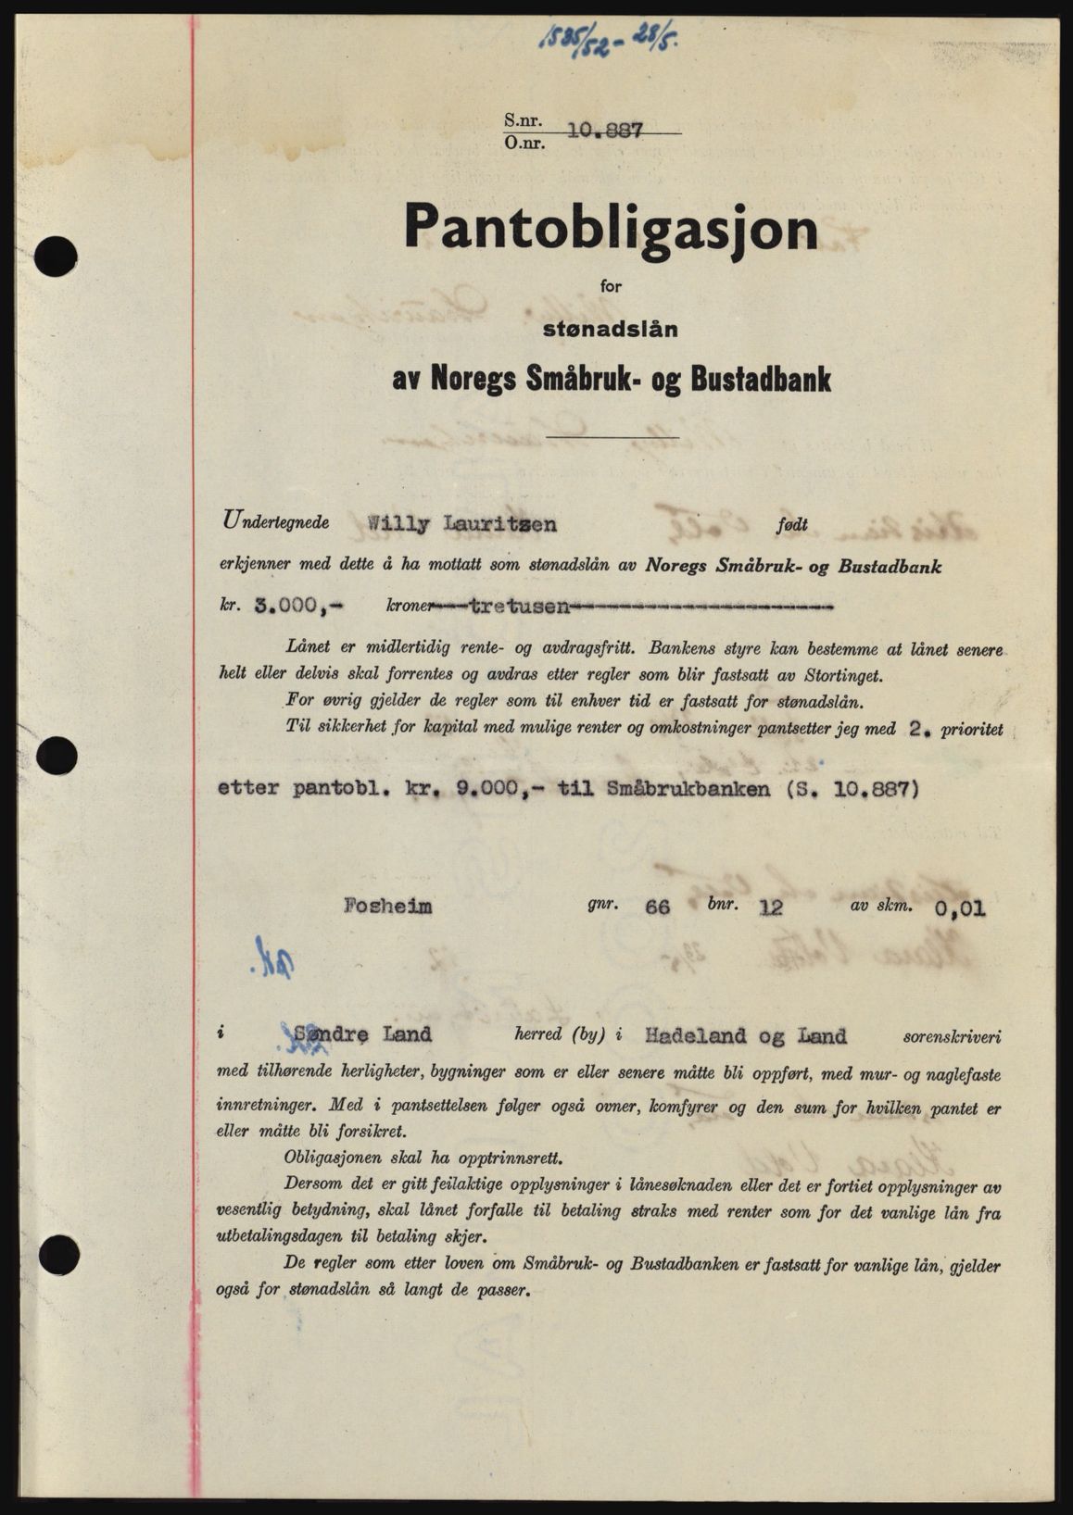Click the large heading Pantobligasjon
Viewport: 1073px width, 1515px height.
coord(611,228)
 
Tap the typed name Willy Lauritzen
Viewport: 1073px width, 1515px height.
coord(462,524)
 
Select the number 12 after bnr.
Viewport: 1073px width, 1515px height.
coord(769,907)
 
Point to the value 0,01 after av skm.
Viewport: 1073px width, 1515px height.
coord(960,908)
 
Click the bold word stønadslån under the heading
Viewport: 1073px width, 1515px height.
coord(611,329)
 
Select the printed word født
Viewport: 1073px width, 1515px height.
coord(792,525)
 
